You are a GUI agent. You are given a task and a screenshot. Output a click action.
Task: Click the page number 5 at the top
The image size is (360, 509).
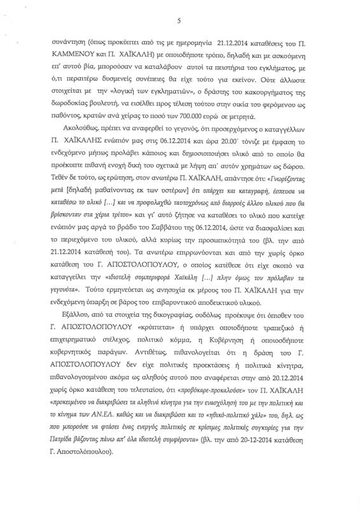[180, 21]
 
